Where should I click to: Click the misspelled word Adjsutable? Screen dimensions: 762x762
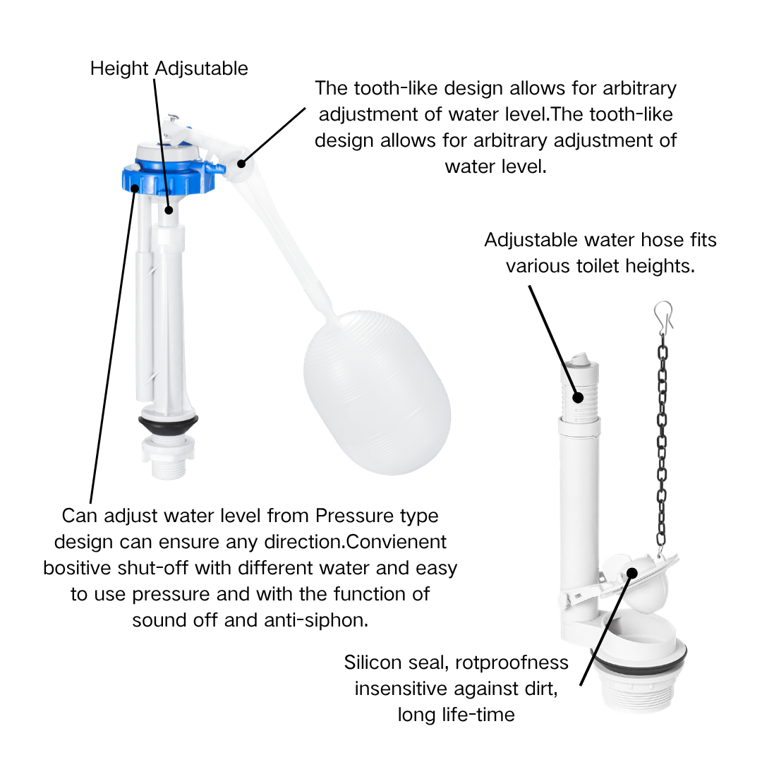[x=202, y=68]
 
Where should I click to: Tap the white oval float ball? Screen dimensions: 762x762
[x=377, y=392]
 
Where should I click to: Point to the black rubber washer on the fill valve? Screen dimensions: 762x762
[x=168, y=424]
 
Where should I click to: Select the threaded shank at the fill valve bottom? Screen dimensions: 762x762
[x=168, y=461]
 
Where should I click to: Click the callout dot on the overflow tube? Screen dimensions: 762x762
[x=578, y=397]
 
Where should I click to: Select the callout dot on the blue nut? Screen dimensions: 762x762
[x=135, y=188]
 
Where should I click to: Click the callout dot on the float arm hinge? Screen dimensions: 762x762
[x=241, y=164]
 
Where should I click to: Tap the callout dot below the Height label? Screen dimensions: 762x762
[x=169, y=210]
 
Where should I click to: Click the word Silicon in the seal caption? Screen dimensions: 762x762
[x=374, y=663]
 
